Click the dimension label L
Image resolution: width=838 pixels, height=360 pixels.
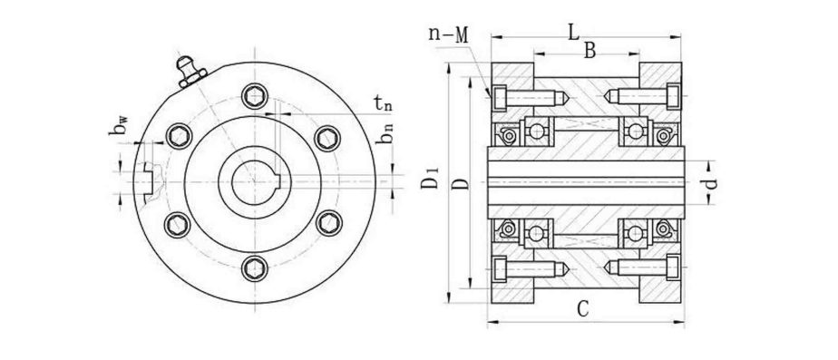click(x=573, y=33)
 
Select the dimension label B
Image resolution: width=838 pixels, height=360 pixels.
click(x=590, y=52)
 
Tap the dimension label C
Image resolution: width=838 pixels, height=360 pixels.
click(x=582, y=309)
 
